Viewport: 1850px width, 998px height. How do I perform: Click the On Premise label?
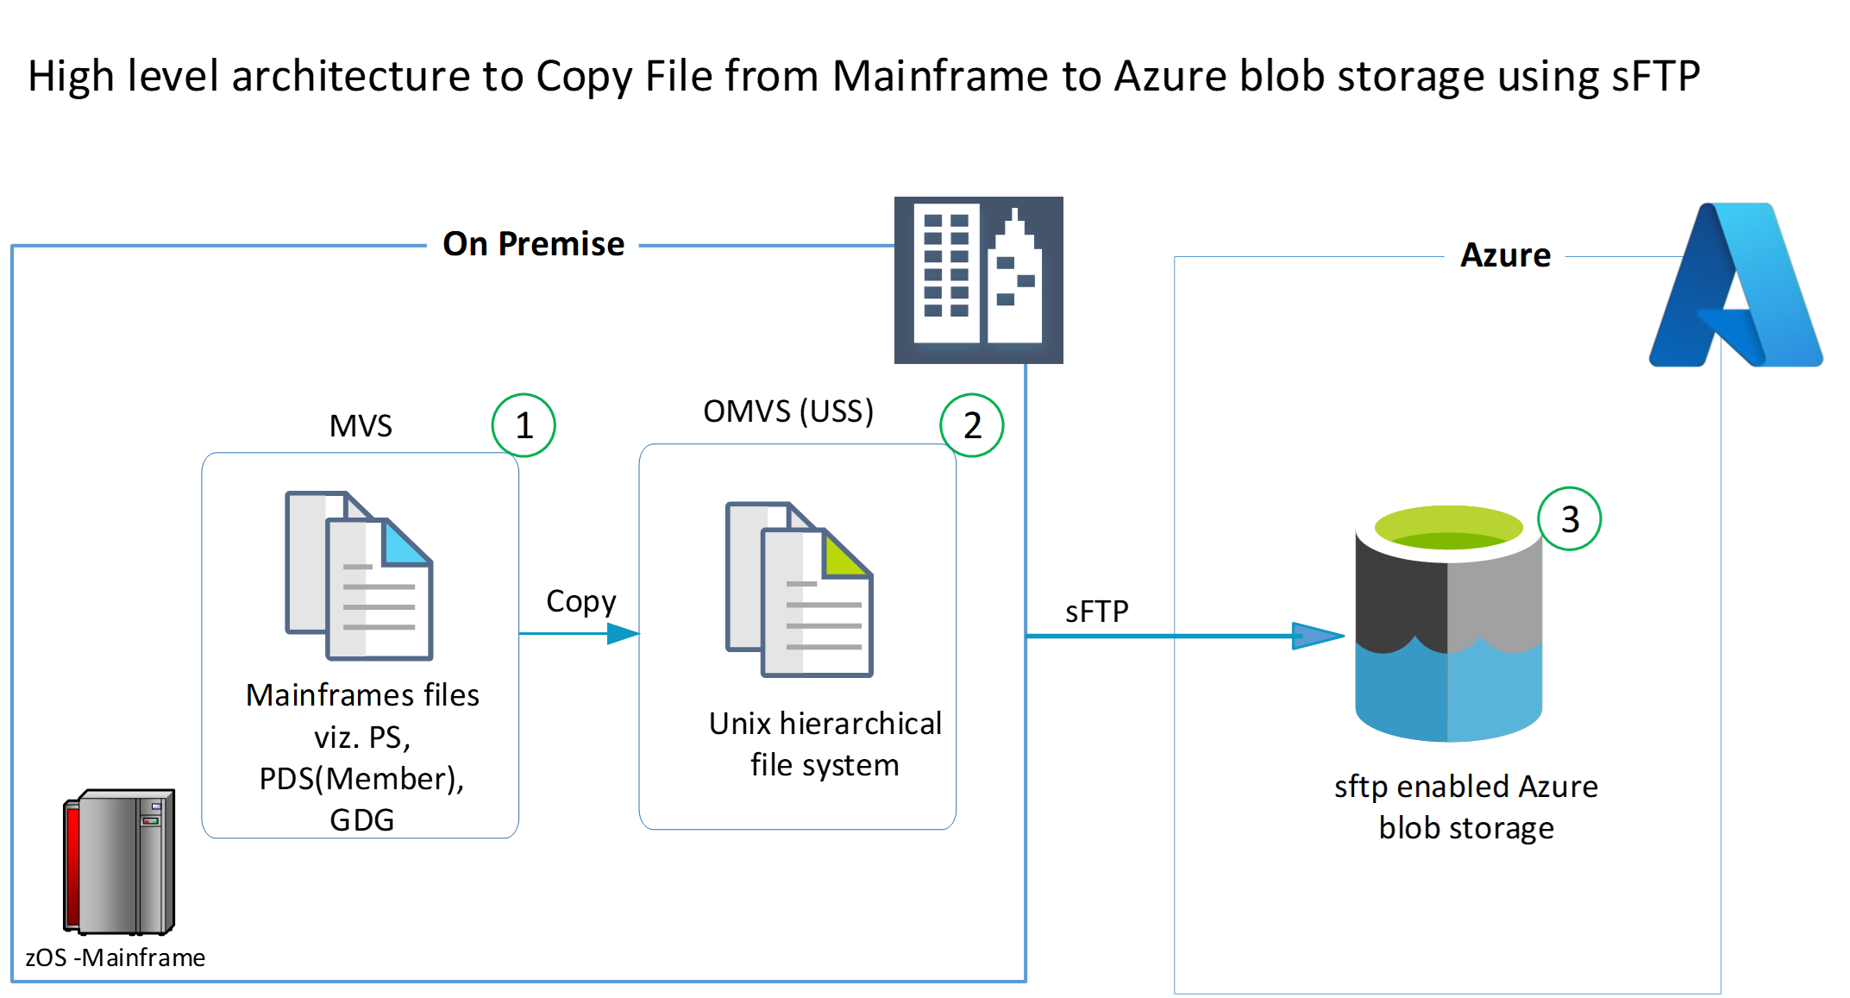coord(533,243)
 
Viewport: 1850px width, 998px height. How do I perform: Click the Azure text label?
coord(1505,255)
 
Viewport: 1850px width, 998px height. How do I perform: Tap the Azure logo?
coord(1736,286)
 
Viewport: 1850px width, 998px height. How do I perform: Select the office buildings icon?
coord(979,279)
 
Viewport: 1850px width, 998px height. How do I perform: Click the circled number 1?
coord(524,425)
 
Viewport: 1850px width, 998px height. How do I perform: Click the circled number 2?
coord(972,425)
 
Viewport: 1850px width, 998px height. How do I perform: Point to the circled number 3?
coord(1570,519)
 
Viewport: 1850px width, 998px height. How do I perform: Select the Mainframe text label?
coord(309,694)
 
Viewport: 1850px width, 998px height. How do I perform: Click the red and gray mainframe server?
coord(120,862)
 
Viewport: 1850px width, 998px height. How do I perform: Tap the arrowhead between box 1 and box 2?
coord(623,634)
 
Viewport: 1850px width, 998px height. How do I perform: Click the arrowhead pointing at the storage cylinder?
coord(1317,637)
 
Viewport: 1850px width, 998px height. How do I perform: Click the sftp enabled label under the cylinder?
coord(1446,788)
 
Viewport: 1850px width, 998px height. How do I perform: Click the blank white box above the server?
coord(108,751)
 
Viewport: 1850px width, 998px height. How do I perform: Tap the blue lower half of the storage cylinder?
coord(1449,690)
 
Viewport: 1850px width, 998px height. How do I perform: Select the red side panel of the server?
coord(73,863)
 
